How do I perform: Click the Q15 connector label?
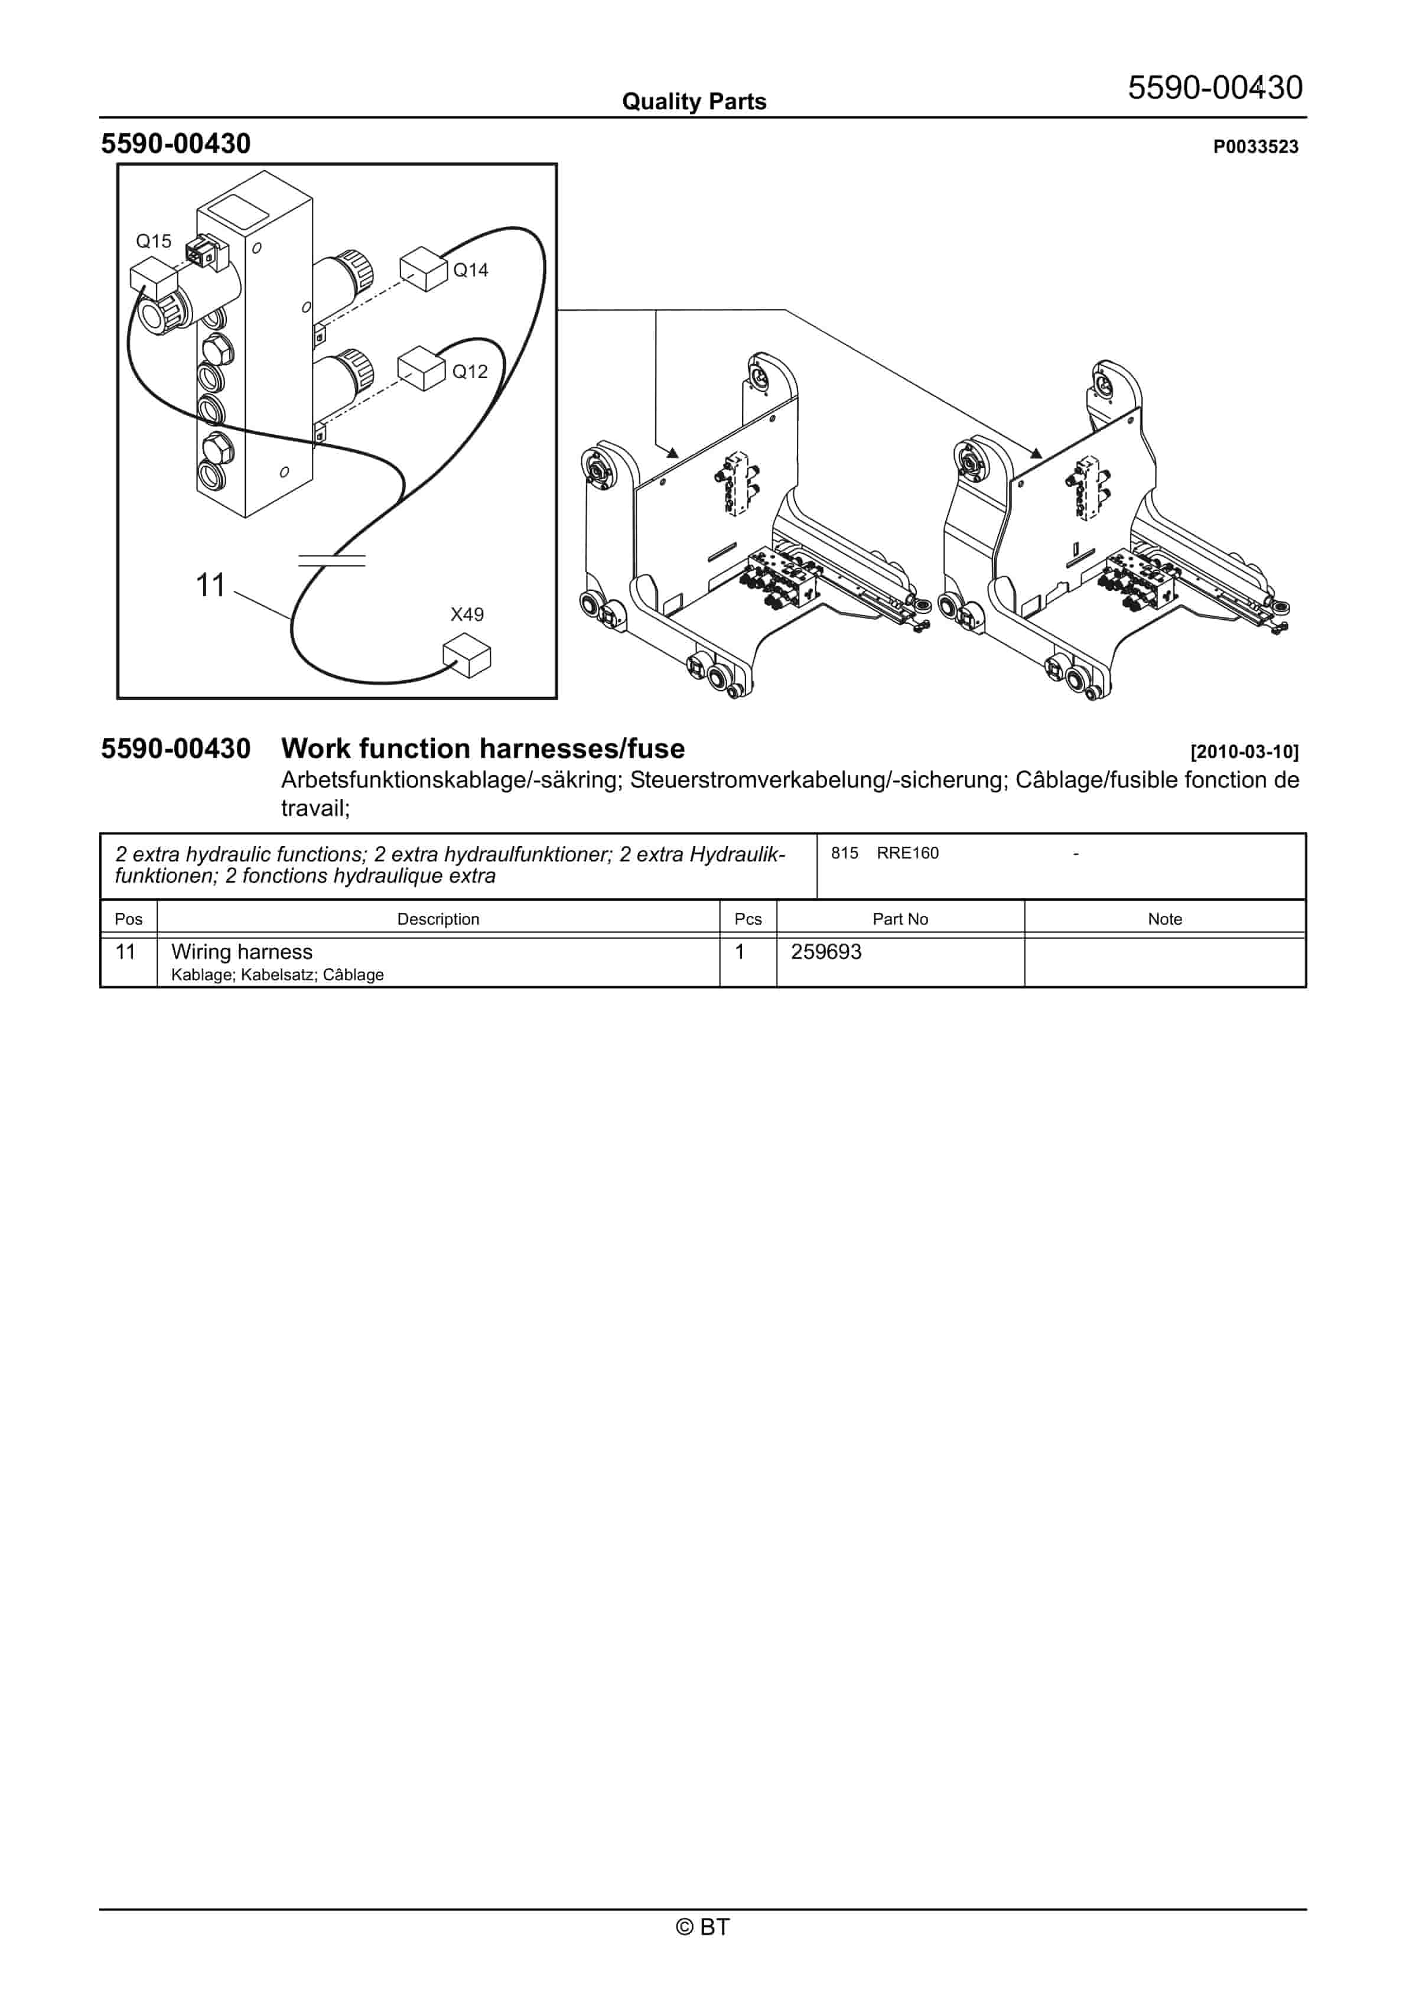coord(154,241)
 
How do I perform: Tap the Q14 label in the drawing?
coord(471,271)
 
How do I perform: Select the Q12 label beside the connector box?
coord(470,372)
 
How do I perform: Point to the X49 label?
coord(466,614)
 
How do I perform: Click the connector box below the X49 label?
coord(466,655)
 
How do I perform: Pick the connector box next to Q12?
coord(421,369)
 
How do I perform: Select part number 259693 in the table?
coord(825,952)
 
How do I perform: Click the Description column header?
coord(438,919)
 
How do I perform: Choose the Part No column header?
coord(900,919)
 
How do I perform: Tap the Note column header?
coord(1164,919)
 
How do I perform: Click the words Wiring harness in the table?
coord(242,952)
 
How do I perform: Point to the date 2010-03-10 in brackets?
coord(1244,752)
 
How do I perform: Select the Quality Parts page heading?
coord(694,102)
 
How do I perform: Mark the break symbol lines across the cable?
coord(331,560)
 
